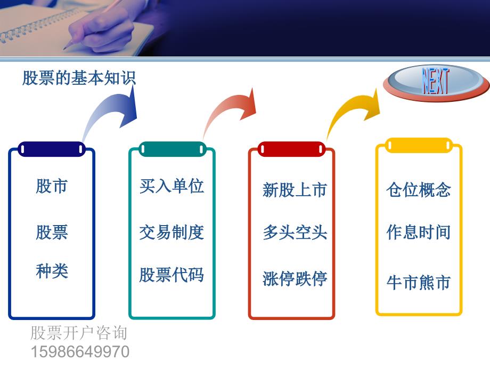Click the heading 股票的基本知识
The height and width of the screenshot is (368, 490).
point(79,78)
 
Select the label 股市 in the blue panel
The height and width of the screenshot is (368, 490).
point(52,186)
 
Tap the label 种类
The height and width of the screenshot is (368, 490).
point(52,271)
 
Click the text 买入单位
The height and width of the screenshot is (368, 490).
point(171,186)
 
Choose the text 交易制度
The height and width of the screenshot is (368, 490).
point(171,232)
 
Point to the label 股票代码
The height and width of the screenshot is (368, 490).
point(171,275)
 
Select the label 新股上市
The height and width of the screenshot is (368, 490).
point(295,190)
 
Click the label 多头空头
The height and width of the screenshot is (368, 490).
point(295,232)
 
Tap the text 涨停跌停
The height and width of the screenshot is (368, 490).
point(295,278)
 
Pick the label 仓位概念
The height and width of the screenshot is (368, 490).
point(419,190)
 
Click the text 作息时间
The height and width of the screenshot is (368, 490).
point(419,232)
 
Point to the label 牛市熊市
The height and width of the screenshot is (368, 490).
point(419,282)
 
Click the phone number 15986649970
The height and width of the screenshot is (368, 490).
point(80,351)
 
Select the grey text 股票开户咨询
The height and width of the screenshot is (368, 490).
point(79,333)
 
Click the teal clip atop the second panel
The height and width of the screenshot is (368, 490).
point(172,149)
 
